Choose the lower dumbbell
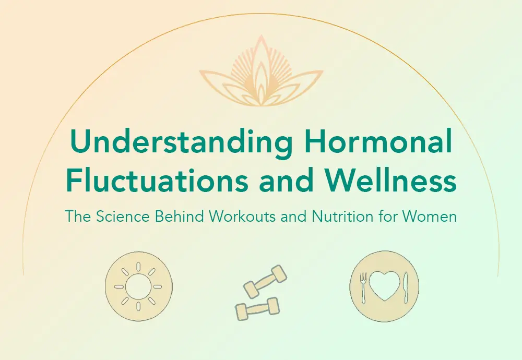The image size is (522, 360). click(256, 309)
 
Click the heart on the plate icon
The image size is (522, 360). click(384, 286)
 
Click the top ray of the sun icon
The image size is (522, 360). click(139, 267)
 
